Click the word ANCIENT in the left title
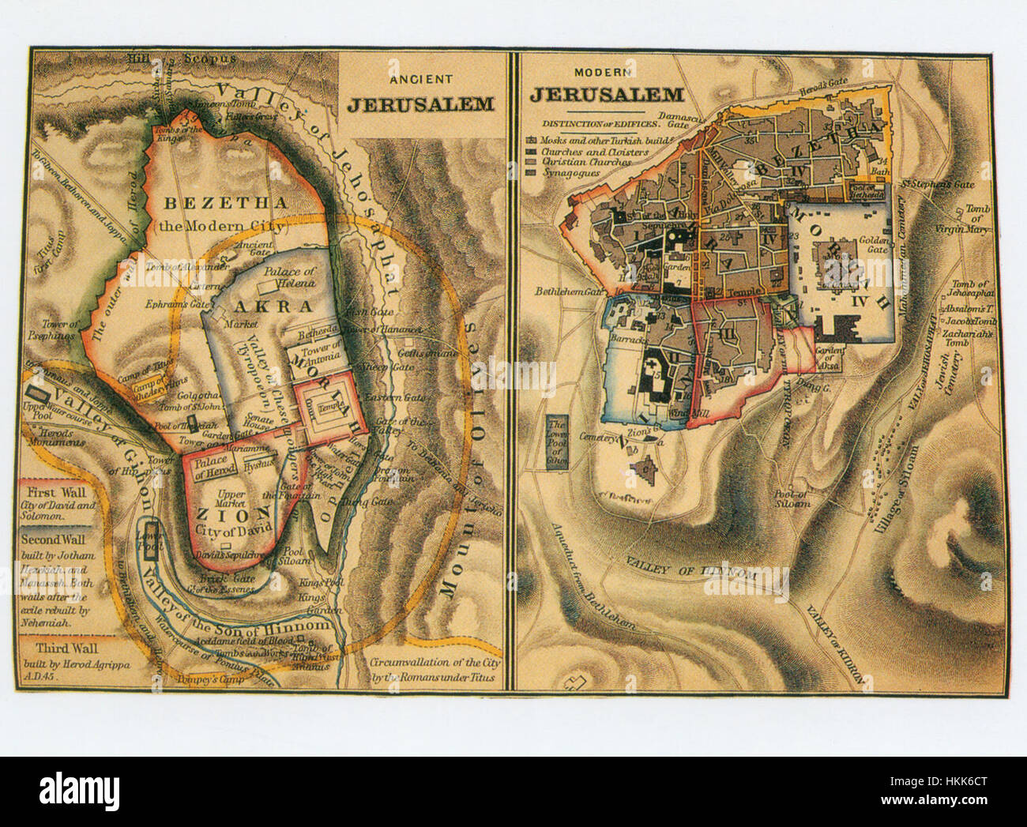pos(421,79)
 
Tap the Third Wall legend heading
pos(50,647)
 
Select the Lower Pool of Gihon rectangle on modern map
pos(558,443)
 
